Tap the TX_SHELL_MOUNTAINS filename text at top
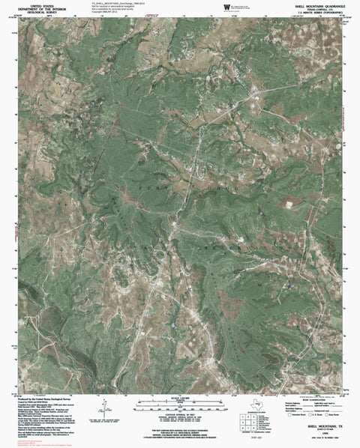(x=112, y=4)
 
